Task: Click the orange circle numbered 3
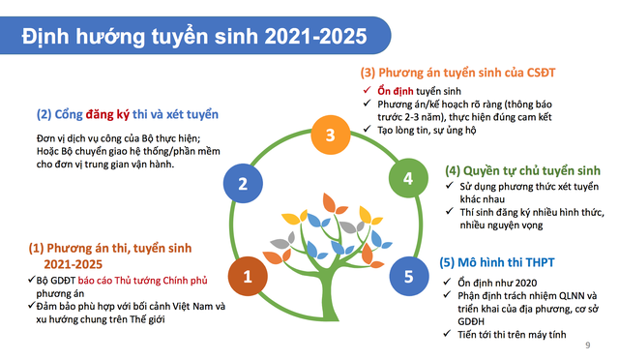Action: (x=331, y=135)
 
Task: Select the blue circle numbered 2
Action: (x=243, y=183)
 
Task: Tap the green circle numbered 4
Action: (x=408, y=178)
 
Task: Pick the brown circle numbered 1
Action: (x=248, y=276)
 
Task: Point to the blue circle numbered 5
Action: (x=409, y=276)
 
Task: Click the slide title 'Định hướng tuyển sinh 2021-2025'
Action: (x=194, y=36)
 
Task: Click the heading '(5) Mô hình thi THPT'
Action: (x=497, y=262)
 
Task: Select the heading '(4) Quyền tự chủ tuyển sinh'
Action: (x=522, y=170)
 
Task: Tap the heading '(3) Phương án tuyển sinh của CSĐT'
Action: (x=457, y=73)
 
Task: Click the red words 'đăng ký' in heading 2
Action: (x=107, y=114)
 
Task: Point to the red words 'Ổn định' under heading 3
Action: (x=396, y=91)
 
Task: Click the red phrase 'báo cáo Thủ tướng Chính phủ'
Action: (x=142, y=281)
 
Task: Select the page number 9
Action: (x=588, y=345)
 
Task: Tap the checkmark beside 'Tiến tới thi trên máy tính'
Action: (x=447, y=334)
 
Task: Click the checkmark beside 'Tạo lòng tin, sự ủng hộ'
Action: (x=367, y=129)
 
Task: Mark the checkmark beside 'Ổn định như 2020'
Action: (x=447, y=282)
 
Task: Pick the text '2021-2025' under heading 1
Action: (x=74, y=264)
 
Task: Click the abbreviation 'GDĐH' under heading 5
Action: (x=471, y=321)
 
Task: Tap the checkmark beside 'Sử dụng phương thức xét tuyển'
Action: (x=449, y=186)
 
